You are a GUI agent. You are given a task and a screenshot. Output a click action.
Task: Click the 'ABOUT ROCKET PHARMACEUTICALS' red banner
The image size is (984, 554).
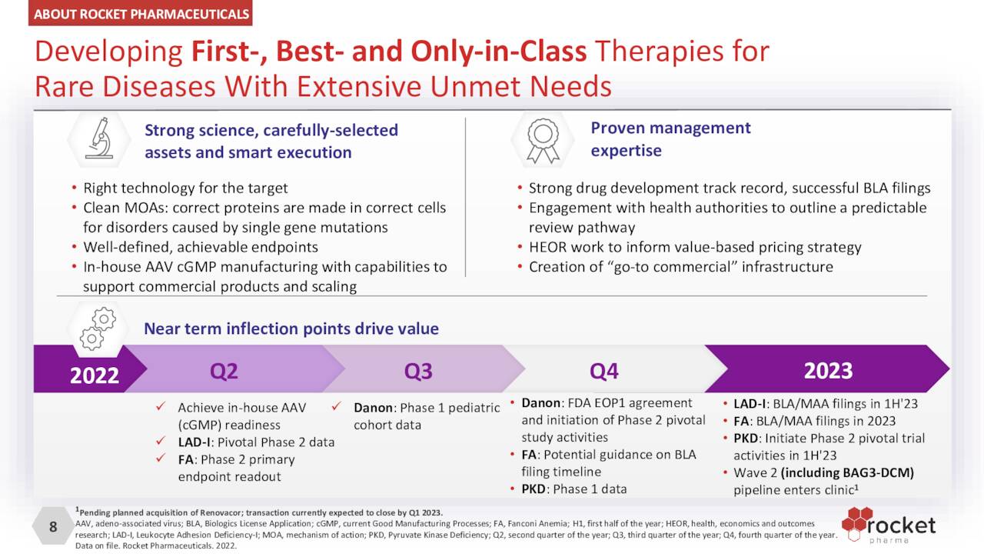coord(140,13)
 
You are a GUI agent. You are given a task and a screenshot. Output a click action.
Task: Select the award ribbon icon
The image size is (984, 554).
coord(543,141)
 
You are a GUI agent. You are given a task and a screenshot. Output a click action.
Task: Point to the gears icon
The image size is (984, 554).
coord(98,329)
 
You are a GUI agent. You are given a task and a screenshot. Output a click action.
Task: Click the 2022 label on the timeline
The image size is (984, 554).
coord(95,375)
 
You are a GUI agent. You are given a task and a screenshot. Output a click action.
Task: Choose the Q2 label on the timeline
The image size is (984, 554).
coord(224,371)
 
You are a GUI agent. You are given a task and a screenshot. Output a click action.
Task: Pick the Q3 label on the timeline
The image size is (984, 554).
coord(418,371)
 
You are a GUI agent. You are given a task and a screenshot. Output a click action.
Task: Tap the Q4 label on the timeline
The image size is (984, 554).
coord(604,371)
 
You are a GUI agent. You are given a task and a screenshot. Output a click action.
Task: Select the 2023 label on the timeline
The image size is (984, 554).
coord(829,371)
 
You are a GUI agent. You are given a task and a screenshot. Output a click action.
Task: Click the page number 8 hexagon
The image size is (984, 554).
coord(53,526)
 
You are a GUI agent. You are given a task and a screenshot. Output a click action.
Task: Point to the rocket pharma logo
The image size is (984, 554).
coord(888,525)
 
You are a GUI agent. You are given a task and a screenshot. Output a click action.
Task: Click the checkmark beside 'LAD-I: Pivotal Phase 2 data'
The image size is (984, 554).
coord(161,441)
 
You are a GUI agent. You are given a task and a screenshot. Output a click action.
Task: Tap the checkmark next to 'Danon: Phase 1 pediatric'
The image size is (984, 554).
coord(337,405)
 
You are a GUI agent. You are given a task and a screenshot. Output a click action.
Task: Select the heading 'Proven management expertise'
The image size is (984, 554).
coord(670,139)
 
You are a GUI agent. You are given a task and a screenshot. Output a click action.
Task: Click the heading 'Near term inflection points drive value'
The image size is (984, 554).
coord(291,329)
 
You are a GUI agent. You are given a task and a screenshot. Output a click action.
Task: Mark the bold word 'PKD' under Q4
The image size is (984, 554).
coord(534,489)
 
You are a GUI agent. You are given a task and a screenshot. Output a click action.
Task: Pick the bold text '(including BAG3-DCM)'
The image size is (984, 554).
coord(847,472)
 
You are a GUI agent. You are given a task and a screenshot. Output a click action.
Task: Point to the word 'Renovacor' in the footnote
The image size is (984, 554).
coord(221,512)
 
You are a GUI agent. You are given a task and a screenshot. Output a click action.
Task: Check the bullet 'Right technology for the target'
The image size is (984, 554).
coord(185,189)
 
